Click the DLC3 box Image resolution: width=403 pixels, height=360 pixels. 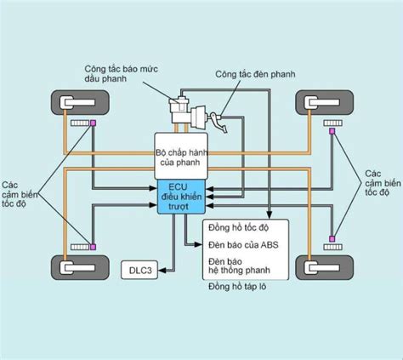coord(139,270)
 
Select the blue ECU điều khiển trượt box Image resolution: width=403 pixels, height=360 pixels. coord(181,197)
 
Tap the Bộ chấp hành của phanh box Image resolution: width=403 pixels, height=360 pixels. coord(181,156)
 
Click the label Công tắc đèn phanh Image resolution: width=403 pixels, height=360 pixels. coord(255,74)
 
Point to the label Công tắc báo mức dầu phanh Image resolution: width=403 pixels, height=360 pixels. coord(122,73)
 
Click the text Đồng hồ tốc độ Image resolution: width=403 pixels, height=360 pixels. coord(238,227)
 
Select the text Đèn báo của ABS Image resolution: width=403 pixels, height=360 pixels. coord(243,244)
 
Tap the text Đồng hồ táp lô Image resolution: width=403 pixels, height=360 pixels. coord(237,286)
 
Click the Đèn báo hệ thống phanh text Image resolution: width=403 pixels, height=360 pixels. coord(239,266)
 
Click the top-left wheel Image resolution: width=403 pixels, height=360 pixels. coord(80,102)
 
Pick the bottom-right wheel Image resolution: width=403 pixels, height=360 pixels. coord(325,267)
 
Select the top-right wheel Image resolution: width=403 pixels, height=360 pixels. coord(325,102)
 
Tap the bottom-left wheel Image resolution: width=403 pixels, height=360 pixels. coord(80,267)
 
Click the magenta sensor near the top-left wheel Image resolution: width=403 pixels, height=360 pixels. coord(93,123)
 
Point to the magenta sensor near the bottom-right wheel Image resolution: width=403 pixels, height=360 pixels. coord(332,238)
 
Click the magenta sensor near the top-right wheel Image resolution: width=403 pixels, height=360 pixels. coord(332,131)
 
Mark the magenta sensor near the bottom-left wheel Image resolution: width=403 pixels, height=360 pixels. coord(93,247)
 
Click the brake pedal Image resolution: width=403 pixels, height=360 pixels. coord(219,123)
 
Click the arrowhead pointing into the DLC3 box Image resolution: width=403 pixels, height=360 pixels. coord(162,271)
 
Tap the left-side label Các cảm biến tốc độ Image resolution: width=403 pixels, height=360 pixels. coord(20,194)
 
